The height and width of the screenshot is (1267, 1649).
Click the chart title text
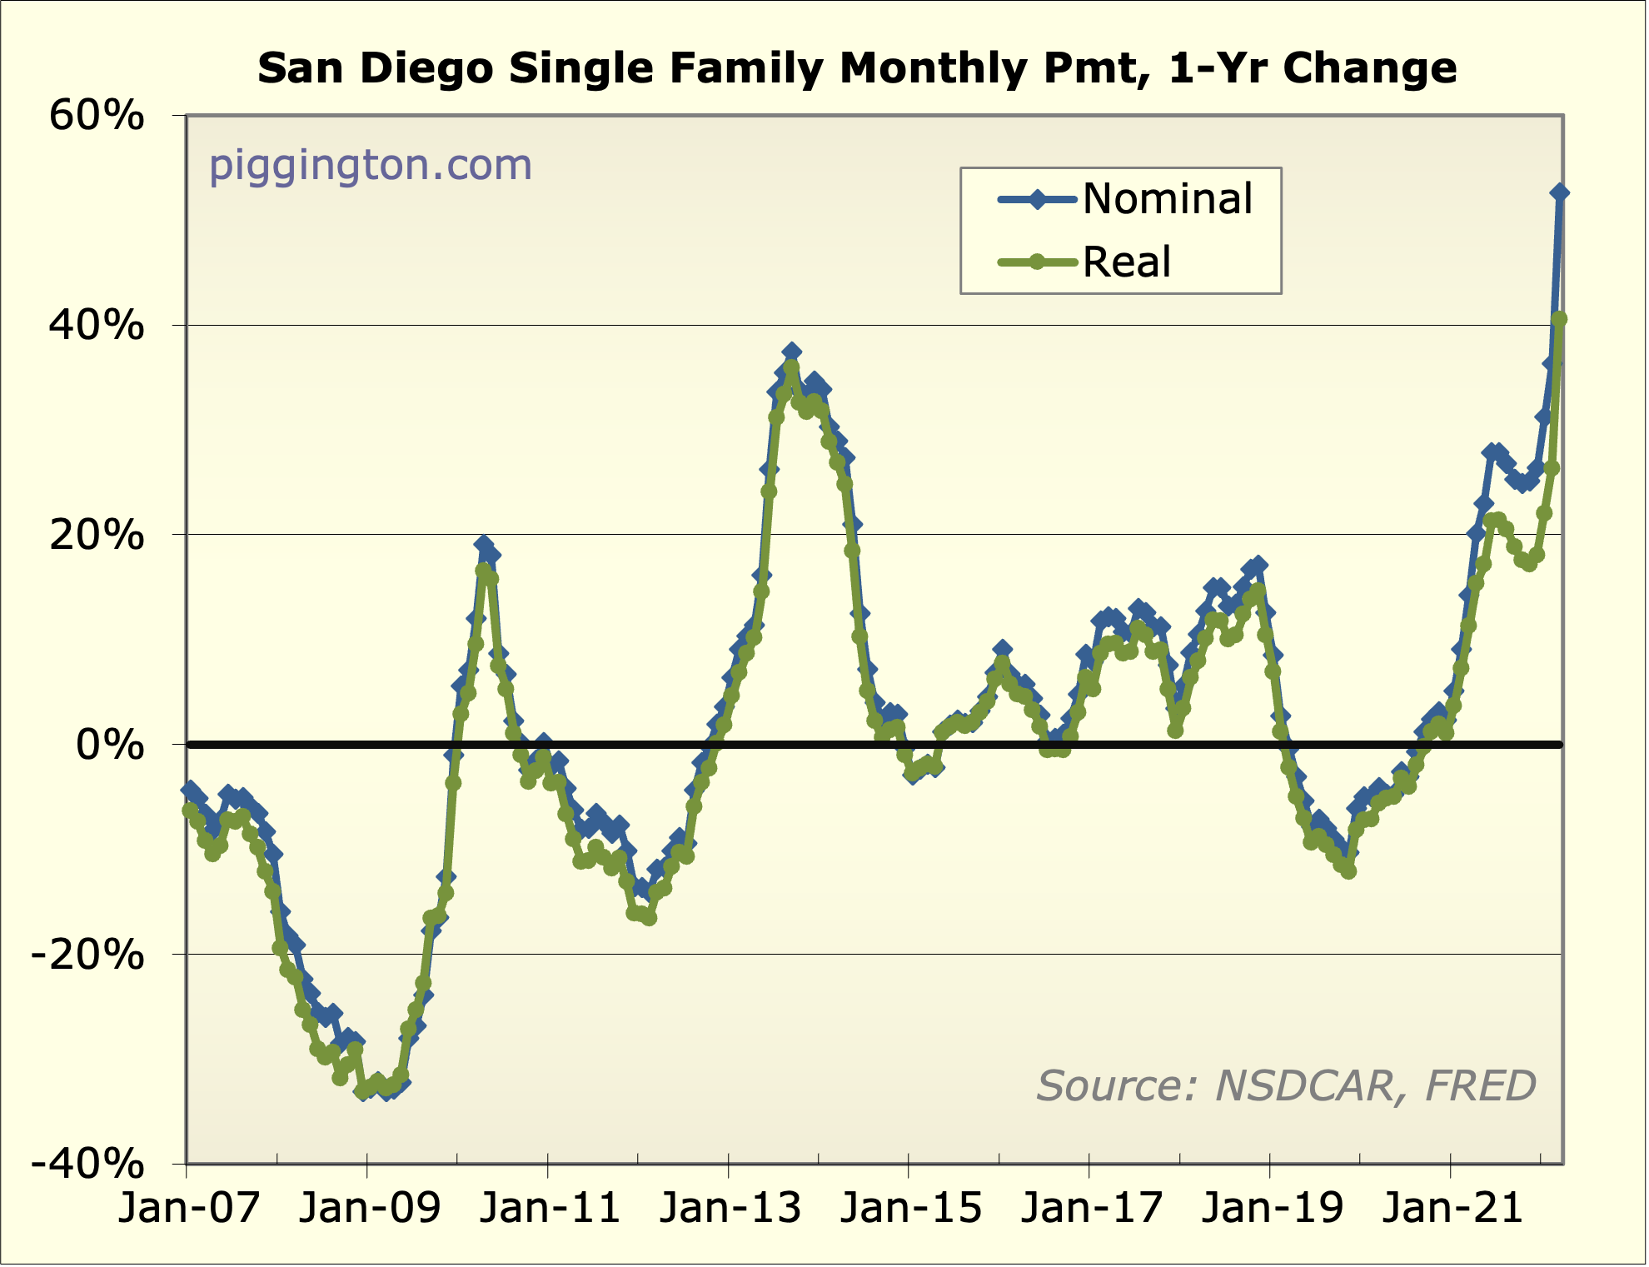click(857, 68)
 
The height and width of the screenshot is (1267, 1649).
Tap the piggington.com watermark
click(370, 165)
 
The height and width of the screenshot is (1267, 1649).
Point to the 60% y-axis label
click(97, 116)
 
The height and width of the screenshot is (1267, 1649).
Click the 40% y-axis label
click(97, 325)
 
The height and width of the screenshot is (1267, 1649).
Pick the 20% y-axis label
click(97, 535)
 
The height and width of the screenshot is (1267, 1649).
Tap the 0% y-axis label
click(110, 745)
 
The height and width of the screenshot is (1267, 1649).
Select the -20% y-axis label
click(87, 955)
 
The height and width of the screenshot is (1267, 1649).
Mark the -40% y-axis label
click(87, 1164)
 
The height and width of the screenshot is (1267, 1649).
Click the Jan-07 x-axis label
click(189, 1209)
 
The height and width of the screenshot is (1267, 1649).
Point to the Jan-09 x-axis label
click(369, 1209)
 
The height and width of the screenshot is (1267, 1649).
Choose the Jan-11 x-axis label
click(550, 1209)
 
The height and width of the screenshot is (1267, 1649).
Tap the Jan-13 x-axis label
click(730, 1209)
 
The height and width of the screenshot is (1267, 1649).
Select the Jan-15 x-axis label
click(911, 1209)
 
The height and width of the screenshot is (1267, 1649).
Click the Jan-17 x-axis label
click(1092, 1209)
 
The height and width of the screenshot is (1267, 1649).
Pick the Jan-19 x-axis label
click(1273, 1209)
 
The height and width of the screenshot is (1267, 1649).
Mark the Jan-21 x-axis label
click(1452, 1209)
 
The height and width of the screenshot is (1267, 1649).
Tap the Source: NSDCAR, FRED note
click(1286, 1086)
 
